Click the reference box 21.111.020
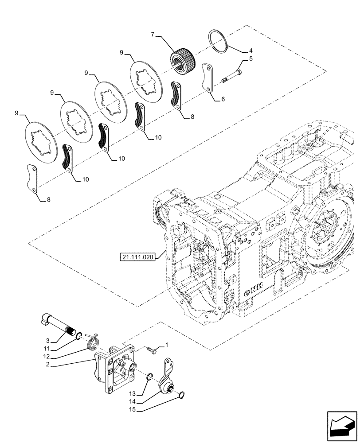click(x=138, y=257)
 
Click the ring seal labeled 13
click(x=150, y=377)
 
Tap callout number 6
click(x=223, y=99)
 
